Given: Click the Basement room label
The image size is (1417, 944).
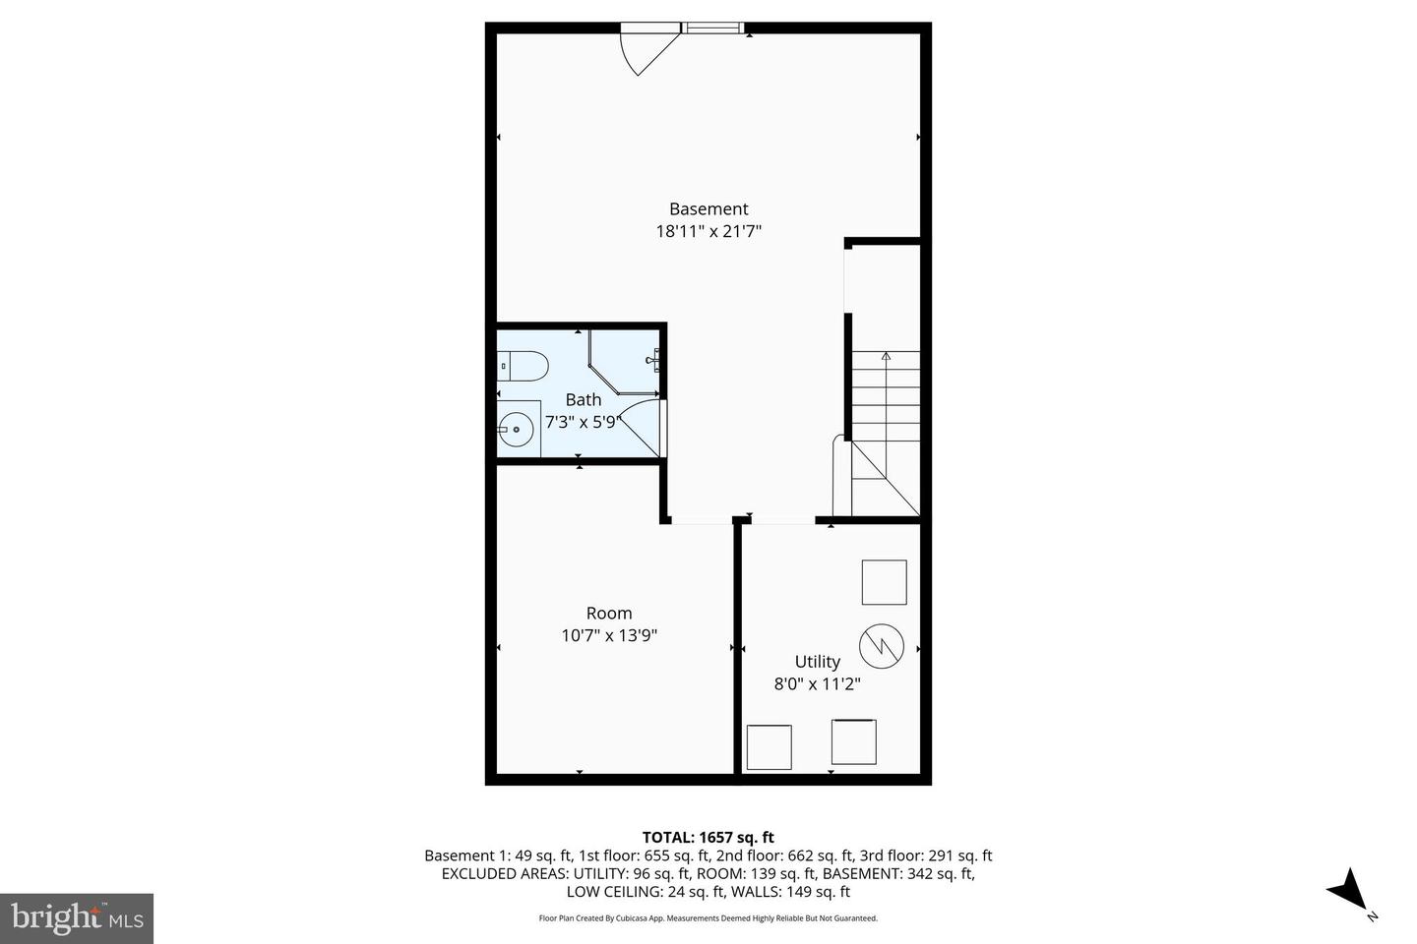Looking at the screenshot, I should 708,208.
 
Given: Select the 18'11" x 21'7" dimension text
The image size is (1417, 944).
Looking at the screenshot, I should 708,232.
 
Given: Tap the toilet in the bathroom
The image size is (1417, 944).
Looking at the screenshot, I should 523,366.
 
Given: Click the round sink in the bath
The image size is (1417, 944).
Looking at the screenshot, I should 516,429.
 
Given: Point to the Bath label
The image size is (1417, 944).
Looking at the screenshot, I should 583,399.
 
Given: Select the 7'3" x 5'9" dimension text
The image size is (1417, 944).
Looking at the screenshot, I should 581,422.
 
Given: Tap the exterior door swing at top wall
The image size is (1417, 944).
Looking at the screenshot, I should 646,51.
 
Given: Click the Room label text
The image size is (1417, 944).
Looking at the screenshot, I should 609,613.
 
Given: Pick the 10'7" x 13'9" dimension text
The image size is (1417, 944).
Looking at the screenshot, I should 609,635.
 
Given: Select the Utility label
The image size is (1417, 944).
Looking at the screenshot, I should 817,662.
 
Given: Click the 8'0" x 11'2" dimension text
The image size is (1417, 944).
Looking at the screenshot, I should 817,684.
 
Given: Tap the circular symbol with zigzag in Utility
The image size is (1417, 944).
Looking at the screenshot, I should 881,645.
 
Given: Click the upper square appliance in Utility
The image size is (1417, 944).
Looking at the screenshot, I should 884,582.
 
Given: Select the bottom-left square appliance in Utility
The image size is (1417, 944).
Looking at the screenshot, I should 769,747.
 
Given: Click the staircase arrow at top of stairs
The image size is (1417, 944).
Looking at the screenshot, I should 886,357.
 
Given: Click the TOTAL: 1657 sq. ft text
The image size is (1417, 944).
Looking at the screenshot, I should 708,838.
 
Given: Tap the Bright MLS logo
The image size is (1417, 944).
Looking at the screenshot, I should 76,918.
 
